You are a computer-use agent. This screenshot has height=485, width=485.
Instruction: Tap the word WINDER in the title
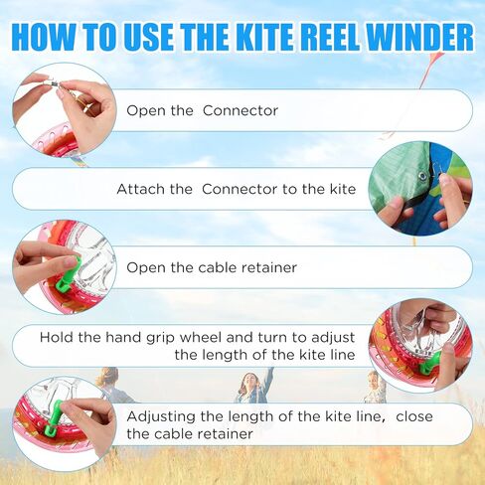pyautogui.click(x=420, y=37)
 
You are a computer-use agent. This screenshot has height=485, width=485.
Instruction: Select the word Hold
pyautogui.click(x=57, y=337)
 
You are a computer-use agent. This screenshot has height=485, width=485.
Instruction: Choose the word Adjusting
pyautogui.click(x=161, y=417)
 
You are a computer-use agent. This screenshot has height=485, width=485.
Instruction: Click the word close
pyautogui.click(x=414, y=416)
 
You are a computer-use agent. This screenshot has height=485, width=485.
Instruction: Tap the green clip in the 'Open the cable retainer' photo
pyautogui.click(x=69, y=275)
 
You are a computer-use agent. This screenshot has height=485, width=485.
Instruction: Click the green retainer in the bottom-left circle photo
pyautogui.click(x=53, y=418)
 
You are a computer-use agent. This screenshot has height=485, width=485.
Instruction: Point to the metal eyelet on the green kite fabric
pyautogui.click(x=422, y=176)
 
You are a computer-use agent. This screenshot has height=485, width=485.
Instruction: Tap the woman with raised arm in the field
pyautogui.click(x=254, y=385)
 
